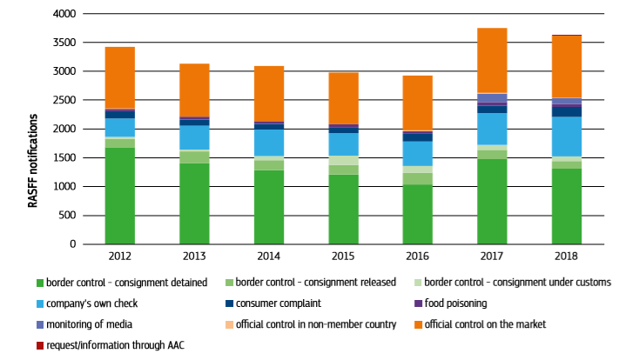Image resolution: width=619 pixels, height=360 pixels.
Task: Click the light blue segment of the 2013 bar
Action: pos(194,137)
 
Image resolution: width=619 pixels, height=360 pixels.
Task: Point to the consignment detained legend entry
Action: pos(121,283)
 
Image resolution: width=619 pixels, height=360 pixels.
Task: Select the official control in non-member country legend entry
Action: pos(313,324)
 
